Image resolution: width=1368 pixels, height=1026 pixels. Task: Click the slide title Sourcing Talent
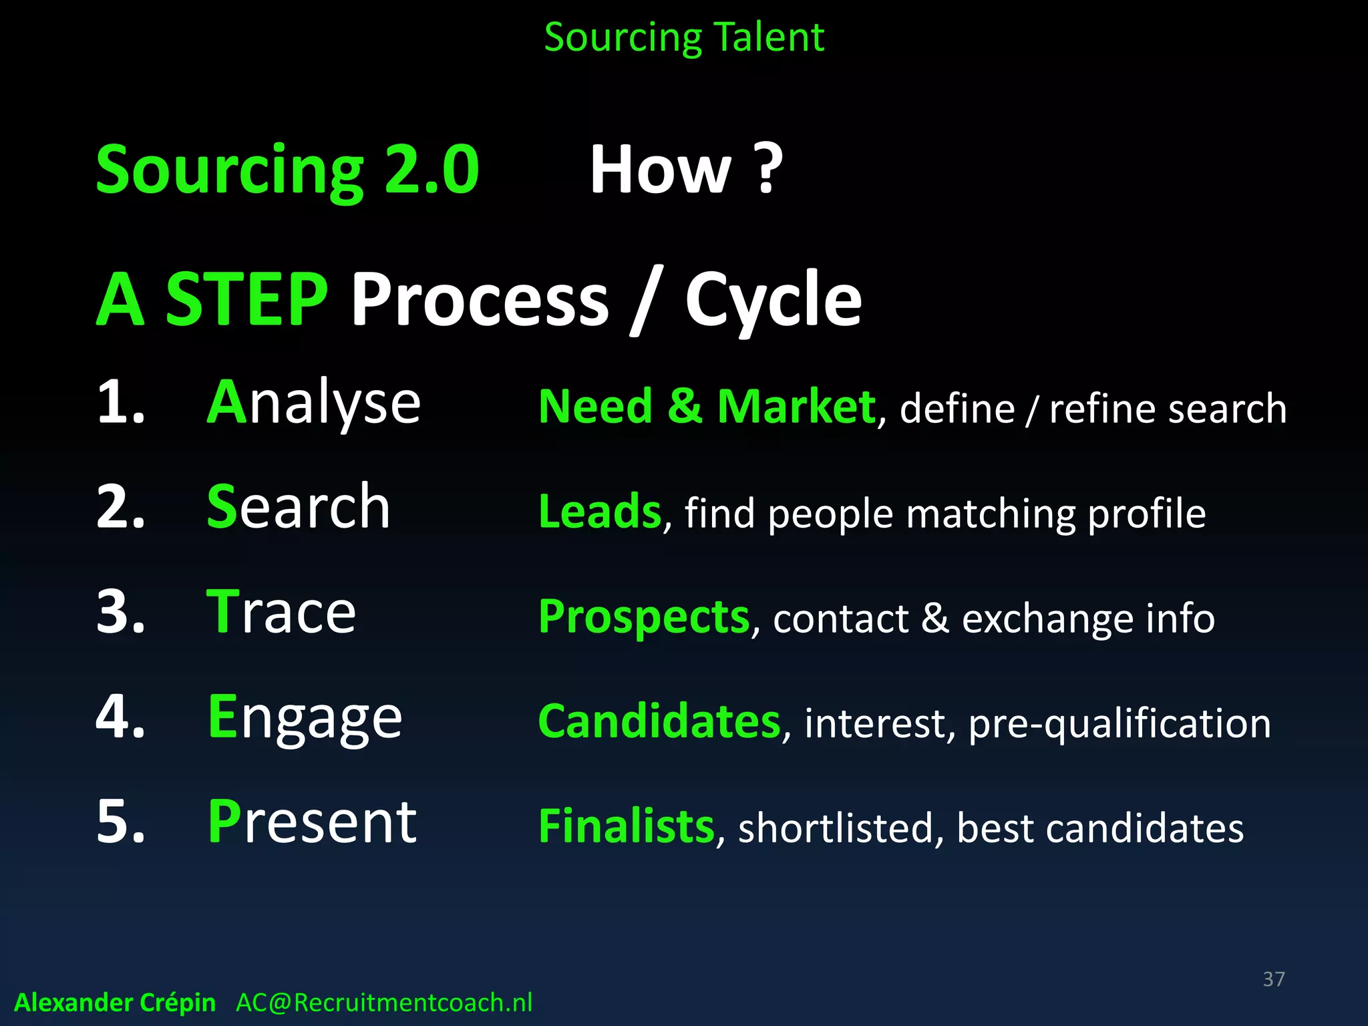pyautogui.click(x=684, y=37)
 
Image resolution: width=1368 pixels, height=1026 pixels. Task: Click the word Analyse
pyautogui.click(x=314, y=403)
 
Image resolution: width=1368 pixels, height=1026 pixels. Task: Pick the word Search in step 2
pyautogui.click(x=299, y=507)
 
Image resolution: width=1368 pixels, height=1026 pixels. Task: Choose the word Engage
pyautogui.click(x=305, y=717)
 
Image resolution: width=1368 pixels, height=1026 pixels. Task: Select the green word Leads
pyautogui.click(x=599, y=512)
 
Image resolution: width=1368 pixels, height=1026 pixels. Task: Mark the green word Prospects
pyautogui.click(x=644, y=617)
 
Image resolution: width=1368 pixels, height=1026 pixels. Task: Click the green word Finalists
pyautogui.click(x=626, y=826)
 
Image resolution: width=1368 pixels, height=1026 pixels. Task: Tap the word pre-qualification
pyautogui.click(x=1119, y=724)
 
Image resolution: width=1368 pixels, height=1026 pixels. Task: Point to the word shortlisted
pyautogui.click(x=835, y=828)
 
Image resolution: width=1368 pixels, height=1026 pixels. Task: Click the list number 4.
pyautogui.click(x=120, y=717)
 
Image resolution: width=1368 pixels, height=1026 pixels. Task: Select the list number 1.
pyautogui.click(x=120, y=403)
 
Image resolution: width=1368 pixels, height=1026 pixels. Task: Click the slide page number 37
pyautogui.click(x=1273, y=979)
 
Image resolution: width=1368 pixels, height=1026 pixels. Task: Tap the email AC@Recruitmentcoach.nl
pyautogui.click(x=384, y=1003)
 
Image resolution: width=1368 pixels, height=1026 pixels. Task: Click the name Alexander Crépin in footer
pyautogui.click(x=115, y=1003)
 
